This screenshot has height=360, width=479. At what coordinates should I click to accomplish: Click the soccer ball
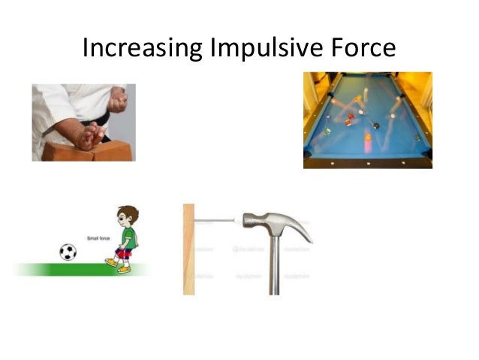(x=68, y=252)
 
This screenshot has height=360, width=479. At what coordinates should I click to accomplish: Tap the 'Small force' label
(x=99, y=238)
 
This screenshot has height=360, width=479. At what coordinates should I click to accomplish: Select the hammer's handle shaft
(x=275, y=263)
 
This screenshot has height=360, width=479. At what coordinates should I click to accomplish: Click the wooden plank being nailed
(x=188, y=248)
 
